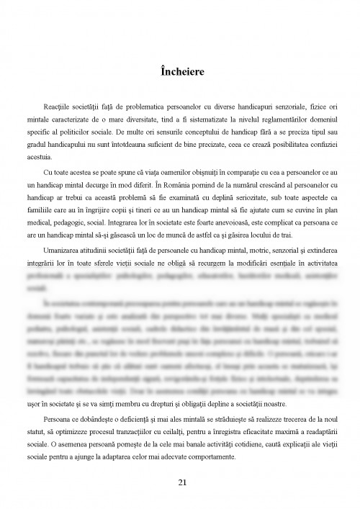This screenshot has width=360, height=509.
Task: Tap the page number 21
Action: [180, 481]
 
